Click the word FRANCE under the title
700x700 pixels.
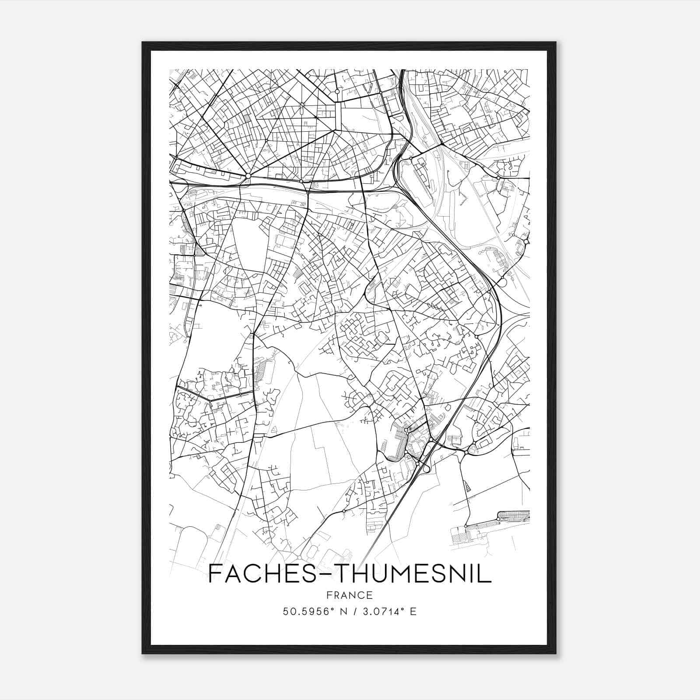click(350, 595)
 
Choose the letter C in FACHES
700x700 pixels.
click(259, 574)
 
